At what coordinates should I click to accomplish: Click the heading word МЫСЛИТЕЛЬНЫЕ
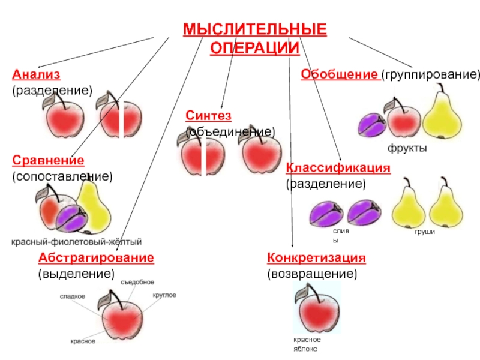(255, 30)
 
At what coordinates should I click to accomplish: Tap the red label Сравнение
(48, 160)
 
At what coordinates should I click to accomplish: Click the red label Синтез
(208, 115)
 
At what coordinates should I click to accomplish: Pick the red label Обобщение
(338, 74)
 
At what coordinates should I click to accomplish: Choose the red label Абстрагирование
(96, 257)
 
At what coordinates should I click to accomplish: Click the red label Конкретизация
(316, 257)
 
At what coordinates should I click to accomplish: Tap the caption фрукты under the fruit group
(407, 148)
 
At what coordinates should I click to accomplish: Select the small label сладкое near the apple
(72, 296)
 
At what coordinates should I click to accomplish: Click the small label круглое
(164, 295)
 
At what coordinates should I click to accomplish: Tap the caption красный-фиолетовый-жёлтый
(77, 242)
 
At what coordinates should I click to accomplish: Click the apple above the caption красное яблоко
(316, 311)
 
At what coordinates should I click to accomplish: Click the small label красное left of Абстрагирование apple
(83, 341)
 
